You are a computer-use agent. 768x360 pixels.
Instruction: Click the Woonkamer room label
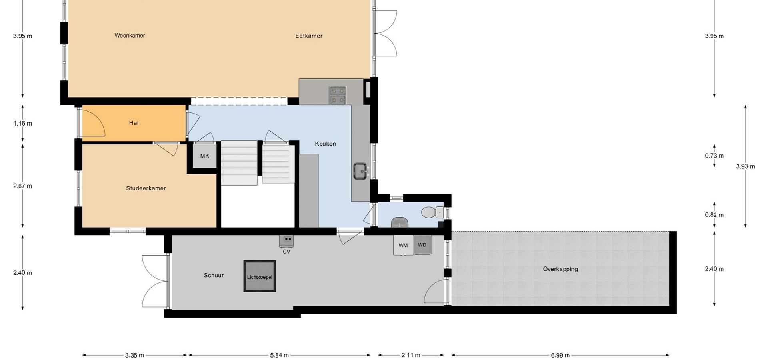(130, 35)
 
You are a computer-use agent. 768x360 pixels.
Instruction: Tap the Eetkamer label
(309, 36)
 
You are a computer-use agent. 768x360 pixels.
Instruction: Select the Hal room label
(134, 123)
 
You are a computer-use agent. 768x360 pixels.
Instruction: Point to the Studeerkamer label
(146, 188)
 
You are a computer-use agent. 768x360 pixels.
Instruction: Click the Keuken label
(325, 144)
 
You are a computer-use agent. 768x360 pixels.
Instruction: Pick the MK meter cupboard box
(205, 156)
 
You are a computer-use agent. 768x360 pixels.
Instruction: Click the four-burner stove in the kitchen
(338, 95)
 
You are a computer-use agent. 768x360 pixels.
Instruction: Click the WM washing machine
(403, 245)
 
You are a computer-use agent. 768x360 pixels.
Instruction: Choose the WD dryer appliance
(422, 245)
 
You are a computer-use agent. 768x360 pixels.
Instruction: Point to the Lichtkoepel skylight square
(260, 276)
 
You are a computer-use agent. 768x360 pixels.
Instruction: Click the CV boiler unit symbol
(286, 240)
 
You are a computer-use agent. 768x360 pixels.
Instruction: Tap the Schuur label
(214, 275)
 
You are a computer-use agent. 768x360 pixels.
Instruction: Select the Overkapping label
(560, 269)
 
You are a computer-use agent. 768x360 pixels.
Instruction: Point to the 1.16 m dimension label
(23, 123)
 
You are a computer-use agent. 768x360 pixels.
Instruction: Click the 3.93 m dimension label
(746, 166)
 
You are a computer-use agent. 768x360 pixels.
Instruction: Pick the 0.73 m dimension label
(714, 156)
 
